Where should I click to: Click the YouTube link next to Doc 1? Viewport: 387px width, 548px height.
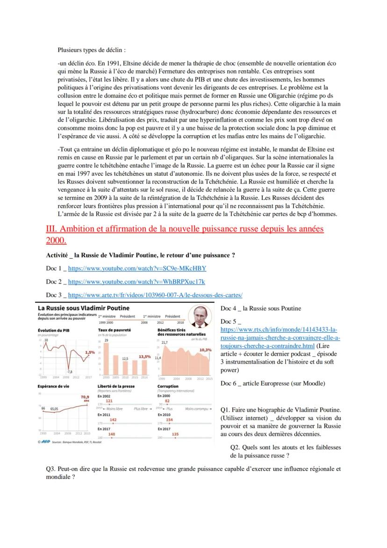(137, 269)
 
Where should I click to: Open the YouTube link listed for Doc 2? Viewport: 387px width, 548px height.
(136, 282)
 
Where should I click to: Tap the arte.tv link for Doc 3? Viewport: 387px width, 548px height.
(155, 295)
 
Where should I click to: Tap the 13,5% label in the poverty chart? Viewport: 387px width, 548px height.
(144, 357)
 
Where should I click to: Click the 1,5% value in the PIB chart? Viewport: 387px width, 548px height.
(90, 352)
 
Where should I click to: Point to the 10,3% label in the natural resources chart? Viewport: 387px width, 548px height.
(205, 350)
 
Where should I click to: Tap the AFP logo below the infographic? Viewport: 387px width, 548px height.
(45, 441)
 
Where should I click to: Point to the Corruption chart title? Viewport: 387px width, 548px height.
(168, 387)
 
